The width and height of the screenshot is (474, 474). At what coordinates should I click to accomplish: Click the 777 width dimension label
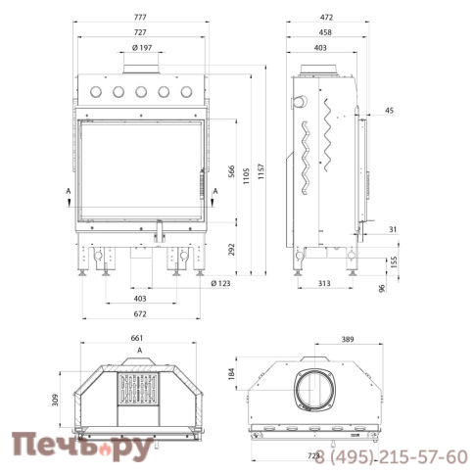pyautogui.click(x=140, y=17)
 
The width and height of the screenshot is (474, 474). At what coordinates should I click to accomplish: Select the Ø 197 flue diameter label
pyautogui.click(x=142, y=48)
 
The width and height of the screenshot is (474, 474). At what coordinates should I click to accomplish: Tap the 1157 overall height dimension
pyautogui.click(x=261, y=171)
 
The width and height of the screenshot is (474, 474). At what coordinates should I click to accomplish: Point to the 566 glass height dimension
pyautogui.click(x=231, y=171)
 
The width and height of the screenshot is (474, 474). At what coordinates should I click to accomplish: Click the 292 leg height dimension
pyautogui.click(x=231, y=250)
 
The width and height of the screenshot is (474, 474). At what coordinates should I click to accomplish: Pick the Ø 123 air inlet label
pyautogui.click(x=220, y=283)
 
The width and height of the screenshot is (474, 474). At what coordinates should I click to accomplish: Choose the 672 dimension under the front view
pyautogui.click(x=140, y=313)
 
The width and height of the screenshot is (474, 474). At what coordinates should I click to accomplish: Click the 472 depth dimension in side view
pyautogui.click(x=326, y=17)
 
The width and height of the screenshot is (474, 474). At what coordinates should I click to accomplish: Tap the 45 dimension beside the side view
pyautogui.click(x=389, y=111)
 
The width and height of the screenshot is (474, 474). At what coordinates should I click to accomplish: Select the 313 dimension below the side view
pyautogui.click(x=324, y=283)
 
